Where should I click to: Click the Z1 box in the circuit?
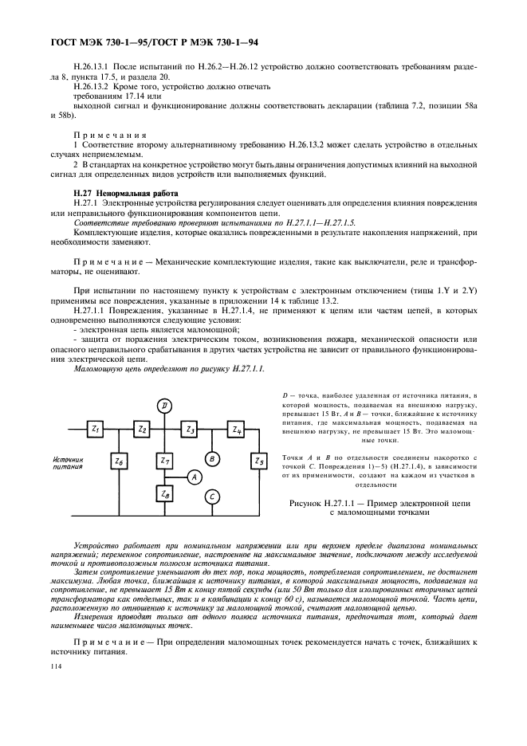(x=117, y=430)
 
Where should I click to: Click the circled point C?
(x=212, y=497)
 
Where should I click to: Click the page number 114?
(x=56, y=666)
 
